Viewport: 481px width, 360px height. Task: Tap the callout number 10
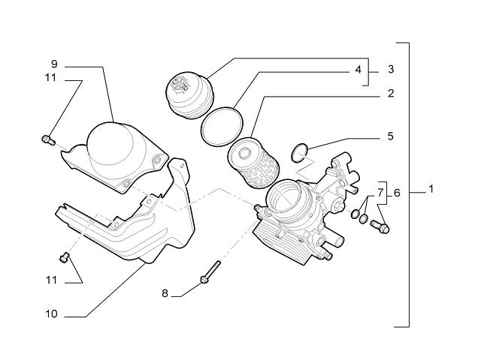click(x=51, y=315)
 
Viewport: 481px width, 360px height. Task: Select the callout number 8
click(x=165, y=292)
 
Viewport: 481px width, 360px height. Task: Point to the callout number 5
click(x=390, y=137)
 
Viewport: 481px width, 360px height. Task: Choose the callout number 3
click(x=391, y=70)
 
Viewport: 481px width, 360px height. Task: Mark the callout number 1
click(x=431, y=190)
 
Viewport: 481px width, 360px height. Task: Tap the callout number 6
click(x=397, y=193)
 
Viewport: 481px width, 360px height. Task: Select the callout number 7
click(x=380, y=193)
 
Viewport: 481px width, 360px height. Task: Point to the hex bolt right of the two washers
click(x=380, y=225)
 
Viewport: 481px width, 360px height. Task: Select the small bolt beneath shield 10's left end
click(x=64, y=259)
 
